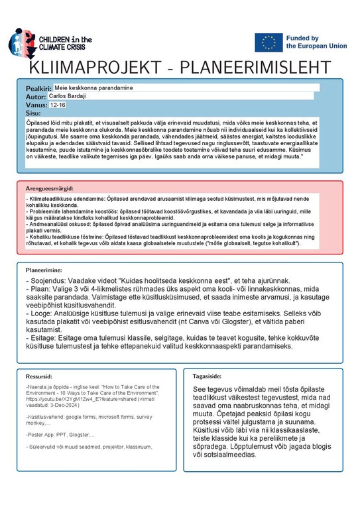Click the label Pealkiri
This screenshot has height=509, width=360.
[x=38, y=89]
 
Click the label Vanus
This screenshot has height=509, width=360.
[x=36, y=105]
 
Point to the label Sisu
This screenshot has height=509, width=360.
[x=32, y=113]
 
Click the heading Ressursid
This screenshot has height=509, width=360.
[x=38, y=375]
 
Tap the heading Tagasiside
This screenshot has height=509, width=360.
[x=207, y=375]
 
